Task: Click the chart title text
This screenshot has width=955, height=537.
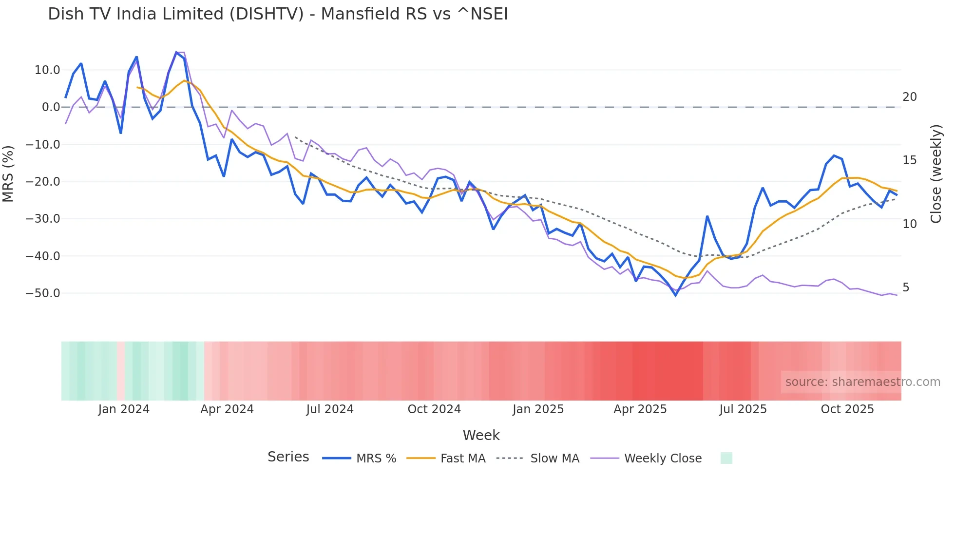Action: point(278,14)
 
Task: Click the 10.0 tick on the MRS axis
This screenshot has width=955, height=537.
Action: point(47,70)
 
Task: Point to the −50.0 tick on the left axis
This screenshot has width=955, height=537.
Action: point(43,293)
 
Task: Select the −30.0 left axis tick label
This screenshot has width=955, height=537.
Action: point(43,219)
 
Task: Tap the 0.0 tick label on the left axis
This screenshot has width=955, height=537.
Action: point(51,107)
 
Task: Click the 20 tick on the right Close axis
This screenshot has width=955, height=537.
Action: point(909,97)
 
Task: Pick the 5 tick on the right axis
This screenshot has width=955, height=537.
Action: point(906,288)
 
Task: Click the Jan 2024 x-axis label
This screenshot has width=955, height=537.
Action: point(124,409)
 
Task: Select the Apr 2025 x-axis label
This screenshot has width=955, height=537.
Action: point(640,409)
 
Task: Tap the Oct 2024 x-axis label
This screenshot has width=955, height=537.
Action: point(434,409)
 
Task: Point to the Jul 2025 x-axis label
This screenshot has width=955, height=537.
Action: point(743,409)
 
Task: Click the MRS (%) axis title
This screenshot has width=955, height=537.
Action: point(8,174)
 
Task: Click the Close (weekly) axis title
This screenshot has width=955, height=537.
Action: point(936,174)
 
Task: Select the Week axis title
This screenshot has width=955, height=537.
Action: point(481,435)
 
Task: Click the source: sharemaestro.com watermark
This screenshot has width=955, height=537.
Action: point(862,382)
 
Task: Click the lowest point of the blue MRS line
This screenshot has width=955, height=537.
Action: point(676,295)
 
